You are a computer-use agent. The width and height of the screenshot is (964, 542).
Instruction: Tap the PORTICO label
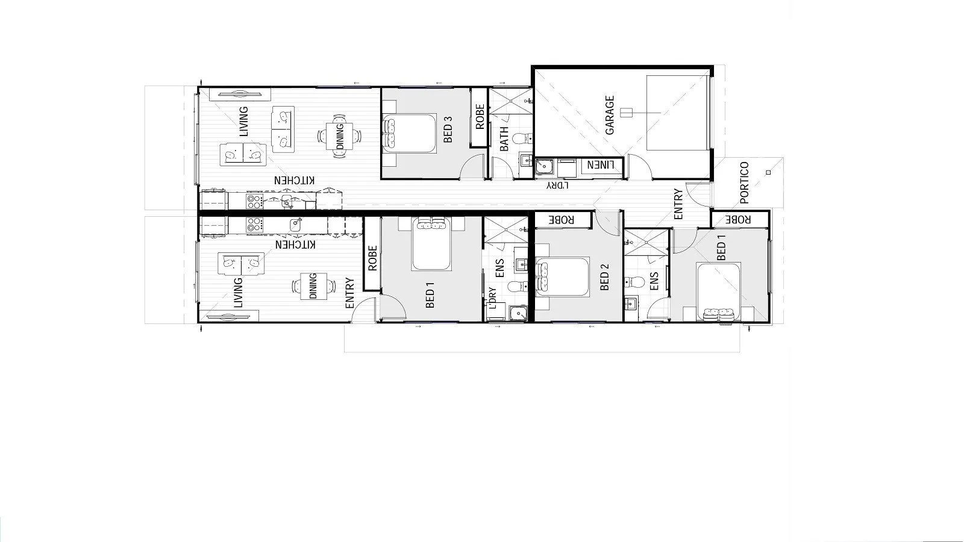[744, 182]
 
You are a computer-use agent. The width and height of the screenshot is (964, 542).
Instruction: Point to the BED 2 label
[605, 278]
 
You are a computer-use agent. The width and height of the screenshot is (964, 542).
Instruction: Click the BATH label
[504, 138]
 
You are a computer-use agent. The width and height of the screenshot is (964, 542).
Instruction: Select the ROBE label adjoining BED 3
[480, 117]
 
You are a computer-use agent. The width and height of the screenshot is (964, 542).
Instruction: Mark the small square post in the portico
[768, 173]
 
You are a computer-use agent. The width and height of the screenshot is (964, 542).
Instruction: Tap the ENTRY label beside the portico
[678, 204]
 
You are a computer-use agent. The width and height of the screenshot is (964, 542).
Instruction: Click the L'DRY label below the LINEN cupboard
[557, 185]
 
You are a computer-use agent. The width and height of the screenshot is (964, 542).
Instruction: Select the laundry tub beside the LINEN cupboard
[545, 166]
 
